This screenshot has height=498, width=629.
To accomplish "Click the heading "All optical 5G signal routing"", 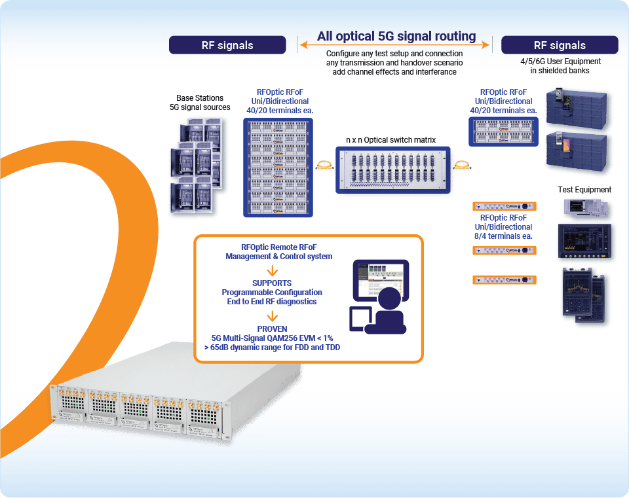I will pyautogui.click(x=396, y=37).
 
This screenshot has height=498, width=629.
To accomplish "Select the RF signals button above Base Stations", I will pyautogui.click(x=227, y=45).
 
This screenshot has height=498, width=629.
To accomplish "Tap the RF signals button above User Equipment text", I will pyautogui.click(x=559, y=45).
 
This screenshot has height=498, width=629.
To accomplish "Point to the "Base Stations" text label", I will pyautogui.click(x=199, y=98).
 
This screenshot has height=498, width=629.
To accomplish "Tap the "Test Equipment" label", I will pyautogui.click(x=584, y=190).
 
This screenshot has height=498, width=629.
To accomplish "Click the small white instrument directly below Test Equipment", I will pyautogui.click(x=584, y=209).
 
